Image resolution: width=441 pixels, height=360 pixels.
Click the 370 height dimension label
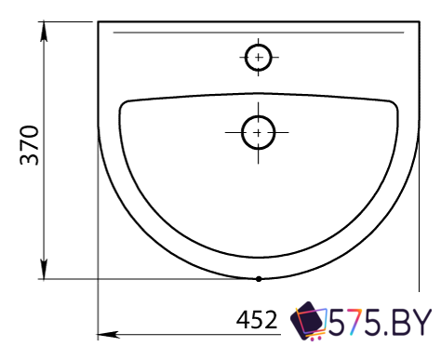pos(30,145)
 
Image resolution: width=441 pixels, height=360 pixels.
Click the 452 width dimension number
pos(257,320)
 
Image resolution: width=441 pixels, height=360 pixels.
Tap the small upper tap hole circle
pos(259,58)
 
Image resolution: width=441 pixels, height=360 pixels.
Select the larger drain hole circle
pos(259,133)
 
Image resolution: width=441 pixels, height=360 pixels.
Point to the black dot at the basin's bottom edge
pos(259,279)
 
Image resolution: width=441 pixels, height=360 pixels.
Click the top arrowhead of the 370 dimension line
pos(44,31)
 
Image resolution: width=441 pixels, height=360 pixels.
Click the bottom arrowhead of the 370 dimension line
pos(44,269)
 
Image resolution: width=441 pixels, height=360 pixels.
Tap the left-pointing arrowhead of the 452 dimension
pos(108,335)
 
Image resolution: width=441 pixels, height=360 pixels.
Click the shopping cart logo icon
pos(308,321)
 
